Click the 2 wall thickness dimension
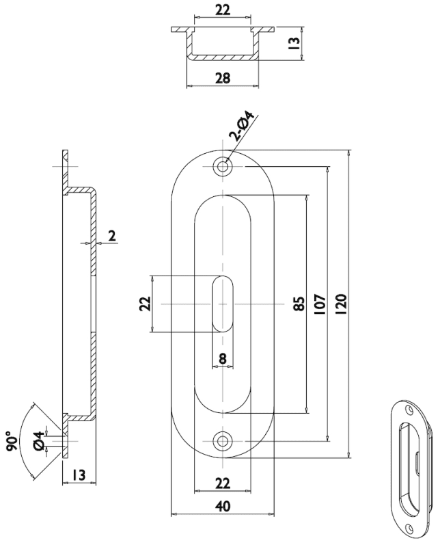[x=111, y=237]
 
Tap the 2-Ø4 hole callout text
[x=243, y=129]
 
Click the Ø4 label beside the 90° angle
[x=39, y=441]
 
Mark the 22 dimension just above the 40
[x=221, y=483]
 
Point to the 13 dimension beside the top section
[x=294, y=44]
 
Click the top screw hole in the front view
[x=222, y=166]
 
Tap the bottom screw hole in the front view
[x=222, y=440]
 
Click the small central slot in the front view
[x=222, y=304]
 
